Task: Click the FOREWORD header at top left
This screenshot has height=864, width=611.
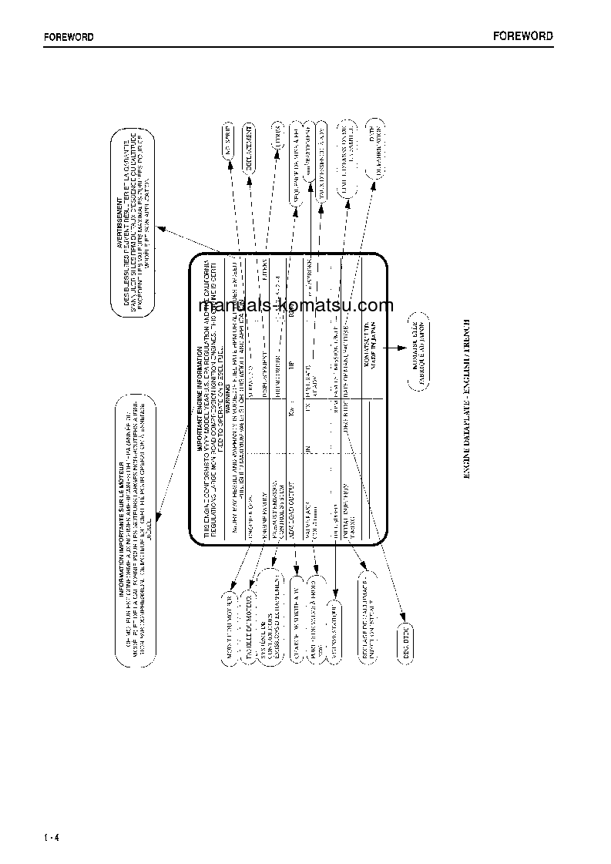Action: tap(68, 37)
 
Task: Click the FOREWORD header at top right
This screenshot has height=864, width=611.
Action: tap(523, 36)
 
